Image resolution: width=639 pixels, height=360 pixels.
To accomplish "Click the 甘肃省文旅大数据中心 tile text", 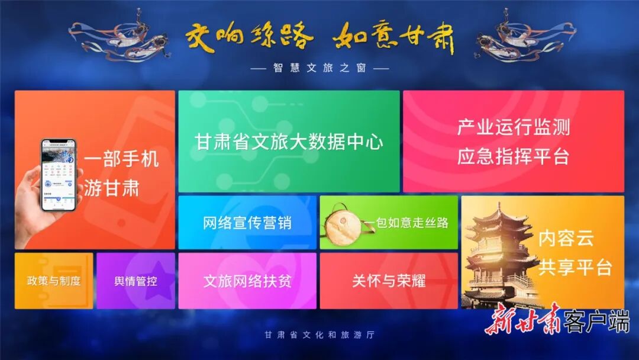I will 289,142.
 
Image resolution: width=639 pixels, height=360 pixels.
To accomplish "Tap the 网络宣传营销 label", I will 247,223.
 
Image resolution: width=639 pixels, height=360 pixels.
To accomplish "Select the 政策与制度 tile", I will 53,281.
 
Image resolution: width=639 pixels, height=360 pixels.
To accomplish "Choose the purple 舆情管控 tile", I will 135,281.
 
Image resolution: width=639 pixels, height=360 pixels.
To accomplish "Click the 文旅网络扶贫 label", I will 247,281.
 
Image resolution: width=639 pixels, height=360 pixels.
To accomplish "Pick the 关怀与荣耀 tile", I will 389,281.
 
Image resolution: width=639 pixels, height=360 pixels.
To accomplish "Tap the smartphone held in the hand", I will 59,175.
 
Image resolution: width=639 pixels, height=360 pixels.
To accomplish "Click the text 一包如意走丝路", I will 406,223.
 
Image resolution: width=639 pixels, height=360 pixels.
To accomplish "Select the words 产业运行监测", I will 513,127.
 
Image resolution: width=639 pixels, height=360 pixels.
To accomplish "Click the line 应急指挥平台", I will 513,157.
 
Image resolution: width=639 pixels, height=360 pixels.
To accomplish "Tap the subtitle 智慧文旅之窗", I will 319,68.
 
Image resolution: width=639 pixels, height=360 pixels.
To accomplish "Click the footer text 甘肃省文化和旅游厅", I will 319,335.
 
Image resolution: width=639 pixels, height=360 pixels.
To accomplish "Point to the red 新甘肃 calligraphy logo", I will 523,320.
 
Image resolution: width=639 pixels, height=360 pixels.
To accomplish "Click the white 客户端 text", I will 596,321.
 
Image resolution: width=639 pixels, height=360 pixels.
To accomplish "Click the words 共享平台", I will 575,267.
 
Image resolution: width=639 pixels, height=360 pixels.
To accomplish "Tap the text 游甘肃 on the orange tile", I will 111,188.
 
